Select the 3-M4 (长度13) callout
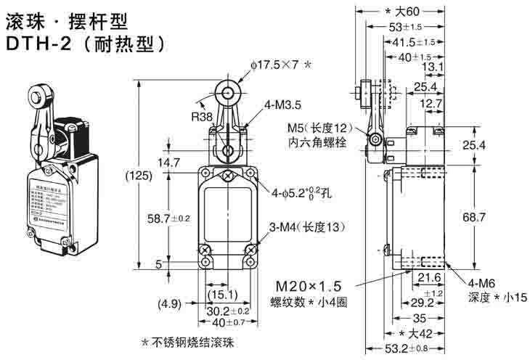click(x=305, y=228)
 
